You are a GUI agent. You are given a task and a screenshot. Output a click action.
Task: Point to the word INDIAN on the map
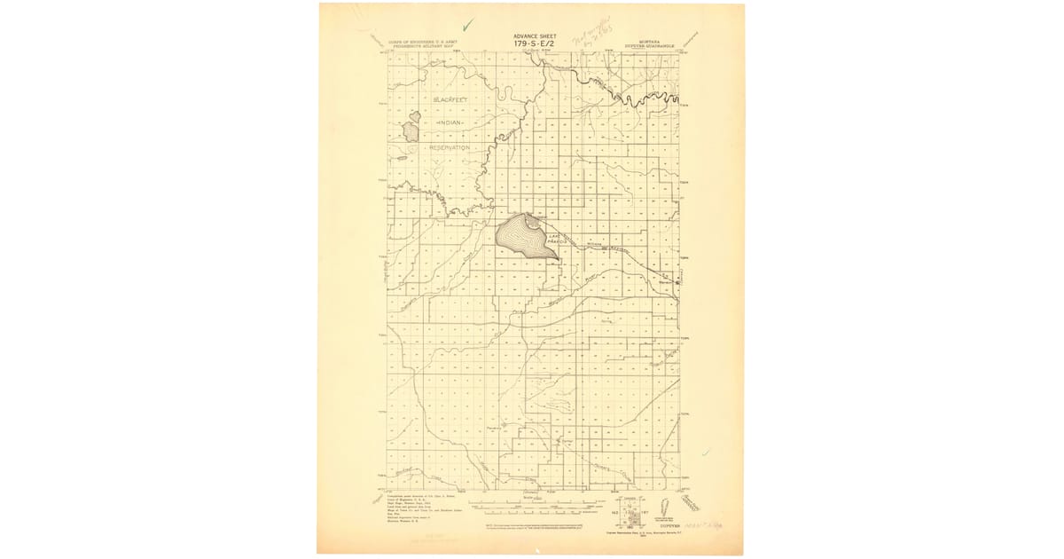(x=452, y=123)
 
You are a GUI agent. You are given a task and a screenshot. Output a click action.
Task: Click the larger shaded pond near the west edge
(x=411, y=133)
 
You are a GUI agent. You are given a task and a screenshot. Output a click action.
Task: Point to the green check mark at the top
(x=468, y=24)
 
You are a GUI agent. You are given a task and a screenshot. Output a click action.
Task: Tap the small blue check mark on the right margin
(x=705, y=453)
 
